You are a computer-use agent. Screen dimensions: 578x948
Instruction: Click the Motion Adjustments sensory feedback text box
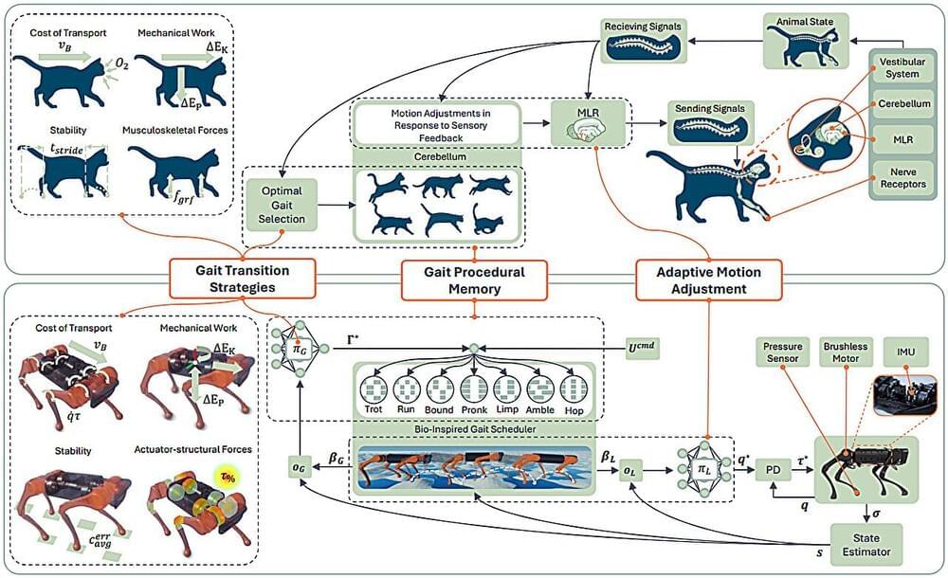click(x=437, y=125)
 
